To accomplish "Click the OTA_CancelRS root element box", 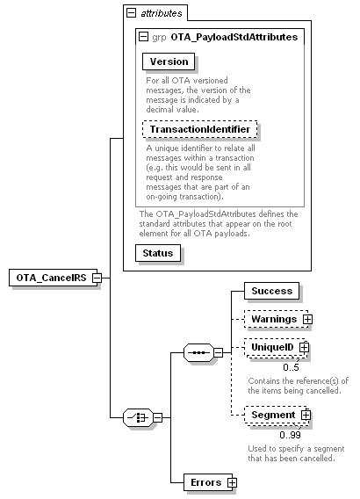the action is [53, 278].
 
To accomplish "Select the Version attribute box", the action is [169, 61].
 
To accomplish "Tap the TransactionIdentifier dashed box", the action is [199, 129].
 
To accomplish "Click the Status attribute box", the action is [158, 253].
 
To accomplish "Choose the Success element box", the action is [271, 291].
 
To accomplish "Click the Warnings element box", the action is [276, 319].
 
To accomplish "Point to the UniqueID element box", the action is [276, 347].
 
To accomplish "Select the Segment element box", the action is [276, 415].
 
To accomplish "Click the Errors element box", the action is [208, 482].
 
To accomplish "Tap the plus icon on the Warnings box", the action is [307, 319].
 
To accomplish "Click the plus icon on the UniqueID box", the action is [305, 347].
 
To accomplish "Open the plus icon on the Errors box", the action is [232, 483].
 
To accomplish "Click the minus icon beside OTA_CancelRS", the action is [97, 278].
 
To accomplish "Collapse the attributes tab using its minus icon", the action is [131, 13].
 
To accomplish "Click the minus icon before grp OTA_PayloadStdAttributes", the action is [144, 37].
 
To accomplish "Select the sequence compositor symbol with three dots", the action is [198, 352].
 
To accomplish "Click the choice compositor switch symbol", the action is [138, 417].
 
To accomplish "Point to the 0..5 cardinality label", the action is [291, 367].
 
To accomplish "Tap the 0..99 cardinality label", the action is [290, 435].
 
